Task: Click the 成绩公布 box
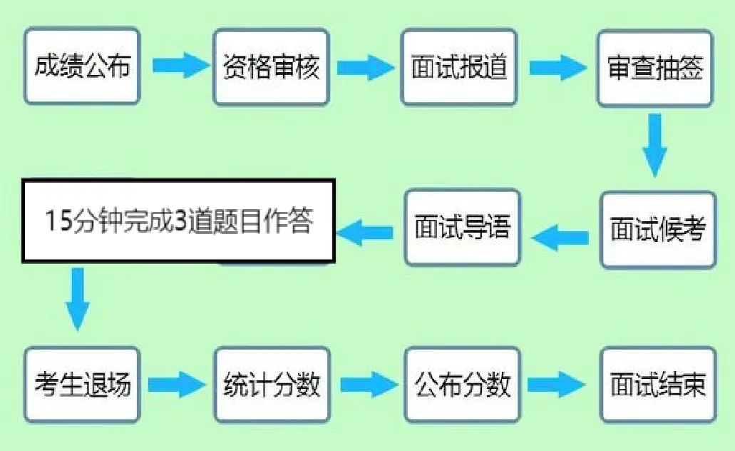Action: (x=82, y=68)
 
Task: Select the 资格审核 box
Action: (x=271, y=68)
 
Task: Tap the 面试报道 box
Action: (x=458, y=68)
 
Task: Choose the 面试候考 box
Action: (x=657, y=230)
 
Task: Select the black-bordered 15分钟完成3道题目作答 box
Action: (x=178, y=221)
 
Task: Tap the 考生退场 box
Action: (x=82, y=385)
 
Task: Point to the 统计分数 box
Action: (x=272, y=385)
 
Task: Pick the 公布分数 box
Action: (x=463, y=385)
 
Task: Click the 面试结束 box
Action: (x=657, y=385)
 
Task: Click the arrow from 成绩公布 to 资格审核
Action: (x=178, y=68)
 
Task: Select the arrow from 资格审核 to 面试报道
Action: (x=365, y=68)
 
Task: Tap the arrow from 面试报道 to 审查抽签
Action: (x=557, y=68)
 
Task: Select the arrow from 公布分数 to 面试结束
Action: (x=557, y=385)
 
